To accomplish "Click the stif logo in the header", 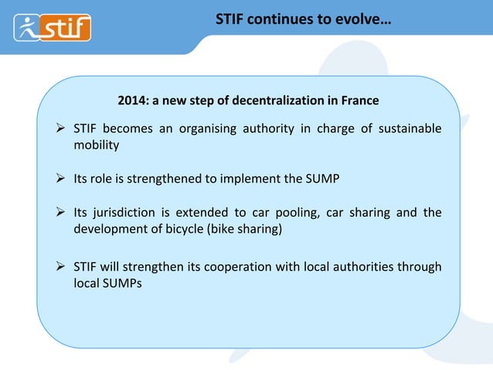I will [x=53, y=28].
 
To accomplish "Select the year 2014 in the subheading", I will [x=130, y=101].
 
